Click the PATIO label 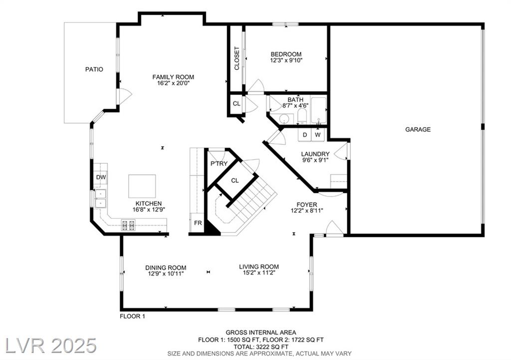94,69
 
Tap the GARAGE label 418,129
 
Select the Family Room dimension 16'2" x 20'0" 173,83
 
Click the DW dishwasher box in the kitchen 101,178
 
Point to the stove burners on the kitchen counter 128,225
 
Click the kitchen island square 142,186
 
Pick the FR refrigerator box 198,223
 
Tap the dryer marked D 305,135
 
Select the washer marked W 317,135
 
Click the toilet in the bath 302,117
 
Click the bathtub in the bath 319,110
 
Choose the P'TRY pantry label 219,164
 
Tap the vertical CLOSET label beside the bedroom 237,58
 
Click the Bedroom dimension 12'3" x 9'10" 286,60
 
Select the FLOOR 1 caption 132,316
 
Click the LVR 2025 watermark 51,345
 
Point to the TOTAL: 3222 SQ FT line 261,347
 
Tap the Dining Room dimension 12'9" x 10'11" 166,274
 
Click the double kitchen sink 101,198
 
